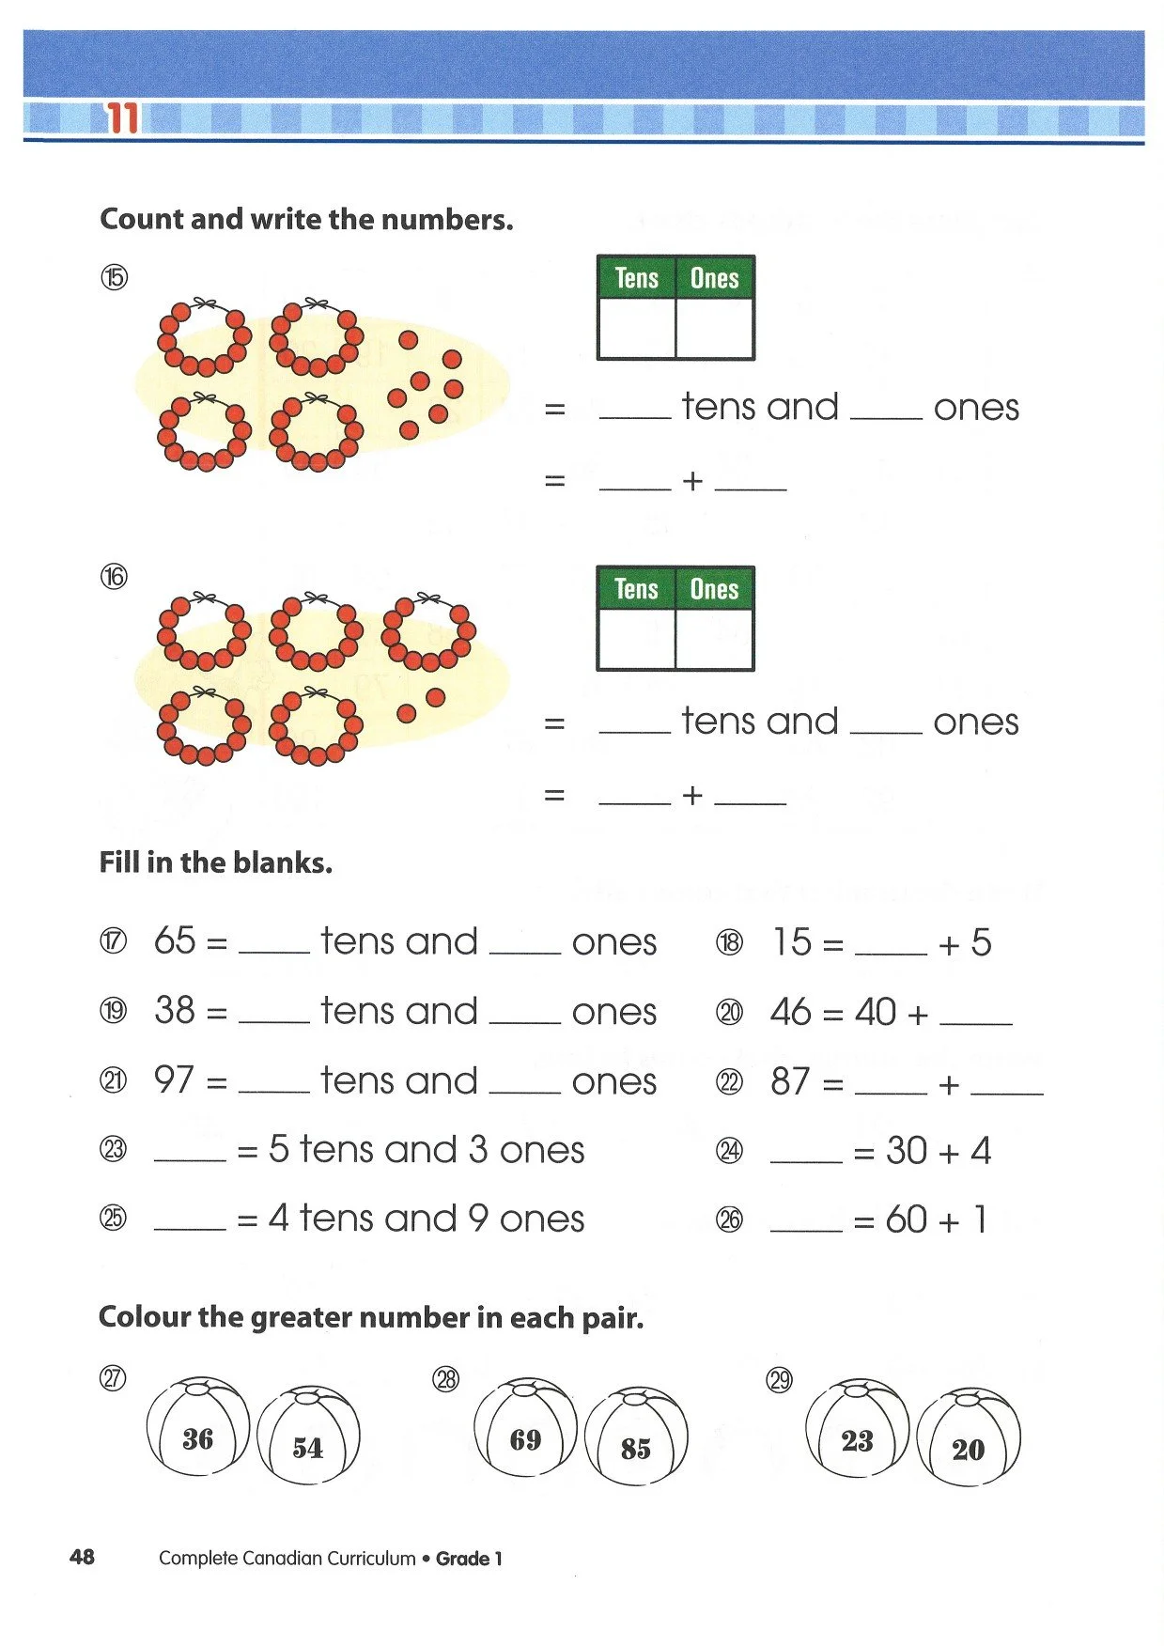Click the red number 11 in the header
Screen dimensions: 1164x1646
point(123,118)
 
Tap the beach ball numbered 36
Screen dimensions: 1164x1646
point(198,1426)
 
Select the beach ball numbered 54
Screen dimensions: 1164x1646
point(308,1436)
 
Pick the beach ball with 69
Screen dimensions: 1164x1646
point(526,1427)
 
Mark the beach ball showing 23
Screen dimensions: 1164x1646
point(857,1428)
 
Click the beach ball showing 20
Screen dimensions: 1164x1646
point(968,1437)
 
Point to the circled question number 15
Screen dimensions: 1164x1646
point(114,278)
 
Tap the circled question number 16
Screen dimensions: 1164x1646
point(114,576)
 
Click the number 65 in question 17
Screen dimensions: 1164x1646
point(175,940)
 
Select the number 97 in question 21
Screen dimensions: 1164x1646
point(175,1079)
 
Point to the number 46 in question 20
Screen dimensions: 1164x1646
point(790,1012)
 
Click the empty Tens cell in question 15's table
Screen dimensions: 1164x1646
point(637,328)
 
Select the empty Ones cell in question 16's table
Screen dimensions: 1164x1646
point(714,639)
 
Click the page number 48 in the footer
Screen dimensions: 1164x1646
point(83,1557)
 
